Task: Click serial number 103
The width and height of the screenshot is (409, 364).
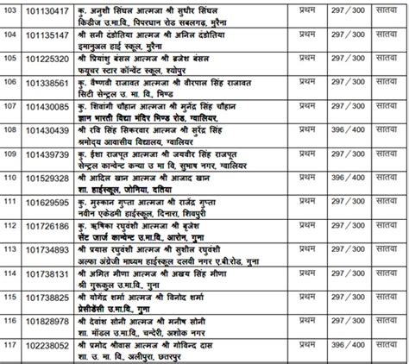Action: (11, 11)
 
